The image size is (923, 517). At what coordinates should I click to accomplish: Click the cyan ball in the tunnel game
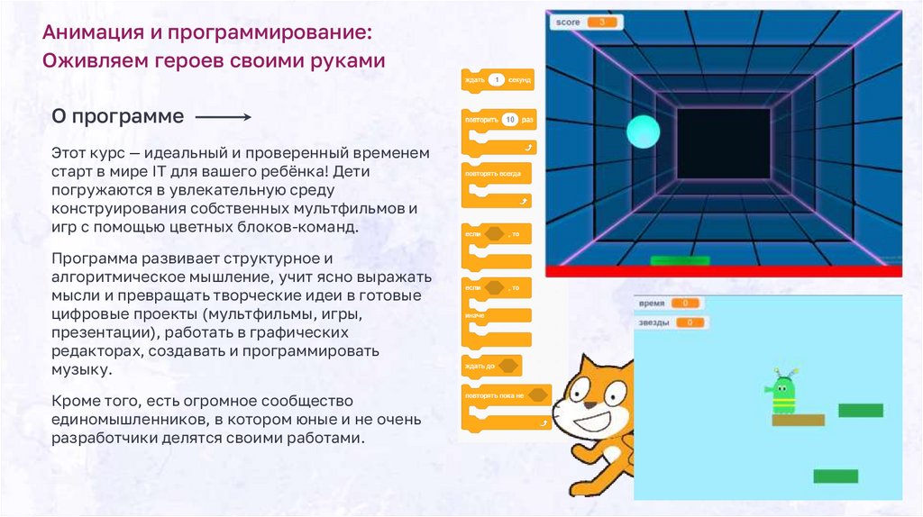[x=644, y=132]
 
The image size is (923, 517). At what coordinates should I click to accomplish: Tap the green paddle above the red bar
[x=680, y=261]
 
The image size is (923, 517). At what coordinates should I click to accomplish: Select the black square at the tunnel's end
[x=723, y=143]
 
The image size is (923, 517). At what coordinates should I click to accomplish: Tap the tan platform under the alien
[x=798, y=420]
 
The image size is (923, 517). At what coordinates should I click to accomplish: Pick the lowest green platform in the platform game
[x=836, y=476]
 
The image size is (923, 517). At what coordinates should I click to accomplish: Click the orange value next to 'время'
[x=686, y=304]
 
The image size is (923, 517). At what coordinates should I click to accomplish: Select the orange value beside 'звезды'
[x=690, y=322]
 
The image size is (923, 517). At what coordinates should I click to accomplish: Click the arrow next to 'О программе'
[x=223, y=117]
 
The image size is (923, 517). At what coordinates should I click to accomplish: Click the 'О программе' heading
[x=117, y=117]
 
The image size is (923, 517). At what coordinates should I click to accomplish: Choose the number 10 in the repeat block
[x=508, y=119]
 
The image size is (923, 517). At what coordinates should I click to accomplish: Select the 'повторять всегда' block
[x=495, y=172]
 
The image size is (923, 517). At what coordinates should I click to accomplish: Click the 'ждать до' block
[x=492, y=367]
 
